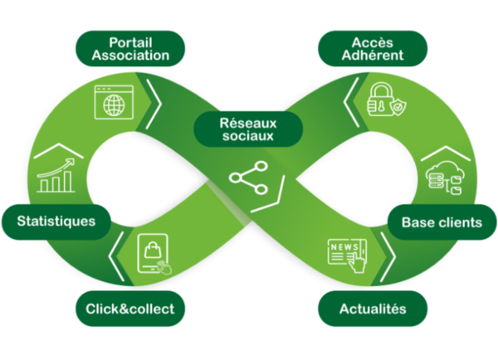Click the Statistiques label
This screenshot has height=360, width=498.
click(x=56, y=221)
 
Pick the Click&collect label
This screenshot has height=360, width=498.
click(x=130, y=309)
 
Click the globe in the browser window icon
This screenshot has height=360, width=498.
click(x=113, y=104)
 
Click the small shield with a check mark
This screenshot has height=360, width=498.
click(x=397, y=107)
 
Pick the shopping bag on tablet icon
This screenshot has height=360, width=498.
click(x=155, y=255)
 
